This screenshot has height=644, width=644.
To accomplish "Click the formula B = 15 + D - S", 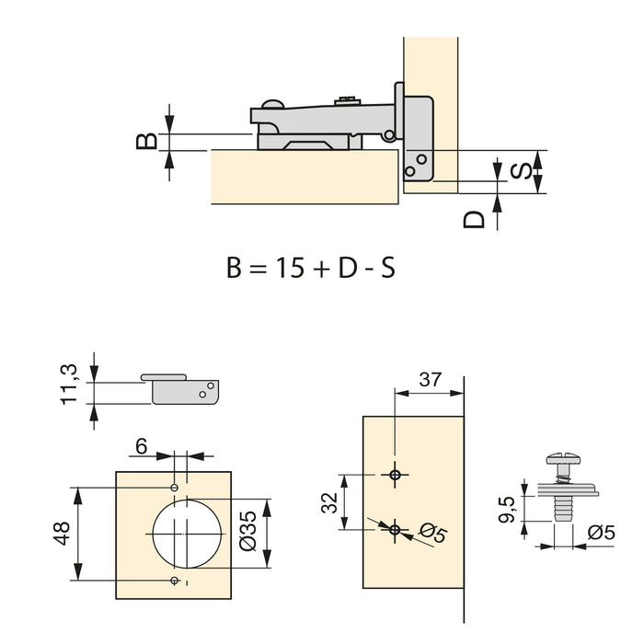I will point(311,268).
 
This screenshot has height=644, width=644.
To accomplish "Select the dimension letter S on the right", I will point(520,171).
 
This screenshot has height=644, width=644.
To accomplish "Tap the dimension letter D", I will point(474,219).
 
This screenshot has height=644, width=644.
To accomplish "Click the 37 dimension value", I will point(430,378).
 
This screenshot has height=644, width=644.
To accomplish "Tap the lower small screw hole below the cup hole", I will point(175,581).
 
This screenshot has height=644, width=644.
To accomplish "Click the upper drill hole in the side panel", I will point(395,475).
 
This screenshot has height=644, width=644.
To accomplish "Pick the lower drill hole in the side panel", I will point(395,529).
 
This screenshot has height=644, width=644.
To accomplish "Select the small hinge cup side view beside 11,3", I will point(182,387).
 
